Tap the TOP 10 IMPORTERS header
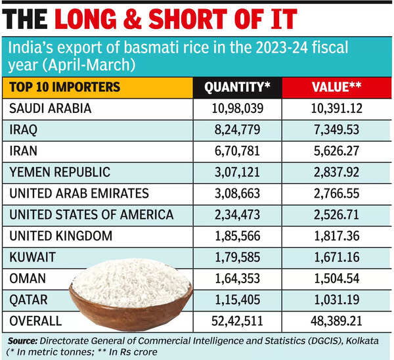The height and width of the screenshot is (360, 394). click(x=64, y=87)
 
